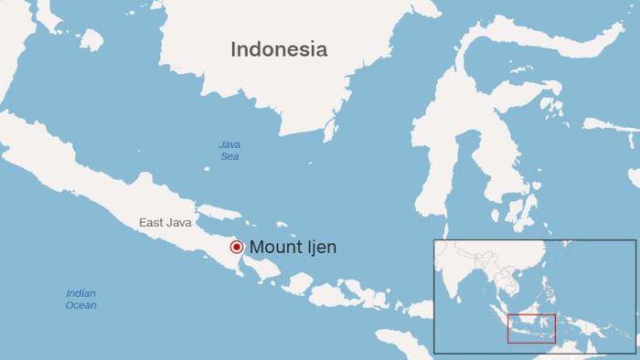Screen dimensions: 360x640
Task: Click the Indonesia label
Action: [x=279, y=49]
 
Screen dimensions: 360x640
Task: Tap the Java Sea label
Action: [x=229, y=151]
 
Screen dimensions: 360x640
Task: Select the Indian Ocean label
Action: [x=80, y=299]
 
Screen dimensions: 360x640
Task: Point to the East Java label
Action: [x=165, y=222]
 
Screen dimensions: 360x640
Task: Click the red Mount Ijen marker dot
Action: [x=236, y=247]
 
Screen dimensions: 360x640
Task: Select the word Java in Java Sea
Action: [x=229, y=144]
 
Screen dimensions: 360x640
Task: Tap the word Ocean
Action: [x=80, y=305]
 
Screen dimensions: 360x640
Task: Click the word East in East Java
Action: [x=152, y=222]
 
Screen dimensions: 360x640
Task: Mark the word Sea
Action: [x=229, y=157]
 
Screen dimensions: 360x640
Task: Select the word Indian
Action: [x=80, y=293]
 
